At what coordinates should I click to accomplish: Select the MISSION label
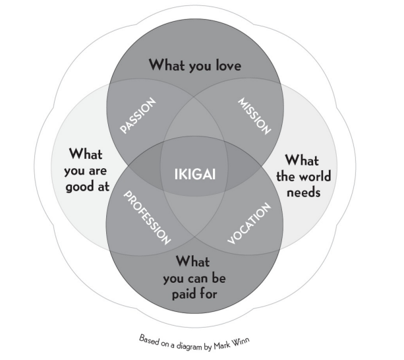254,117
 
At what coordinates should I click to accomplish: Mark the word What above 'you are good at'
85,154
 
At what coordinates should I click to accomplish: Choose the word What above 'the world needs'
301,161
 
